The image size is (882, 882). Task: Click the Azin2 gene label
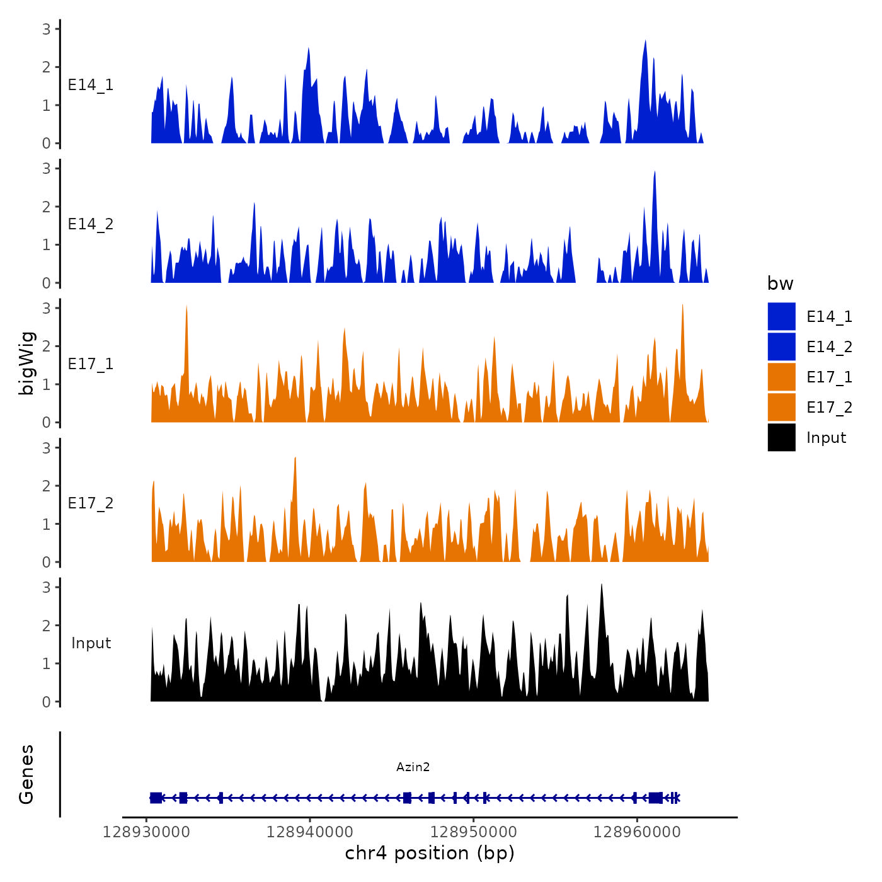click(413, 767)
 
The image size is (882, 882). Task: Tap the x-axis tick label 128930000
click(146, 832)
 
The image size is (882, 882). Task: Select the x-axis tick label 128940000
click(309, 832)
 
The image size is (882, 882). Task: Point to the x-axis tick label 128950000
click(473, 832)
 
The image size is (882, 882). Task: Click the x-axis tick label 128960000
click(637, 832)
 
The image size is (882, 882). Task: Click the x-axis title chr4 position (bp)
click(430, 853)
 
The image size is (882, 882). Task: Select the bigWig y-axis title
click(26, 364)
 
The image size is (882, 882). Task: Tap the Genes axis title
click(26, 774)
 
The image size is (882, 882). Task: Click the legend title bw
click(780, 283)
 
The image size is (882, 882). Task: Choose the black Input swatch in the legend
click(781, 437)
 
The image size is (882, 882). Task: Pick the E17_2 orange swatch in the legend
click(781, 407)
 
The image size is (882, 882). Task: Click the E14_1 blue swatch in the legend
click(781, 316)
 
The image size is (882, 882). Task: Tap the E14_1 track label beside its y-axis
click(91, 85)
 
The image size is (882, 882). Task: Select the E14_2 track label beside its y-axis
click(91, 224)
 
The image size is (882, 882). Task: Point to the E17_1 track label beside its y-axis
click(91, 364)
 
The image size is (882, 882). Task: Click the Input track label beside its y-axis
click(91, 643)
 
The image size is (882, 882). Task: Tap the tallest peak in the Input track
click(602, 586)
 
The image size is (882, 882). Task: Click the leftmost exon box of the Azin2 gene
click(156, 798)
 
